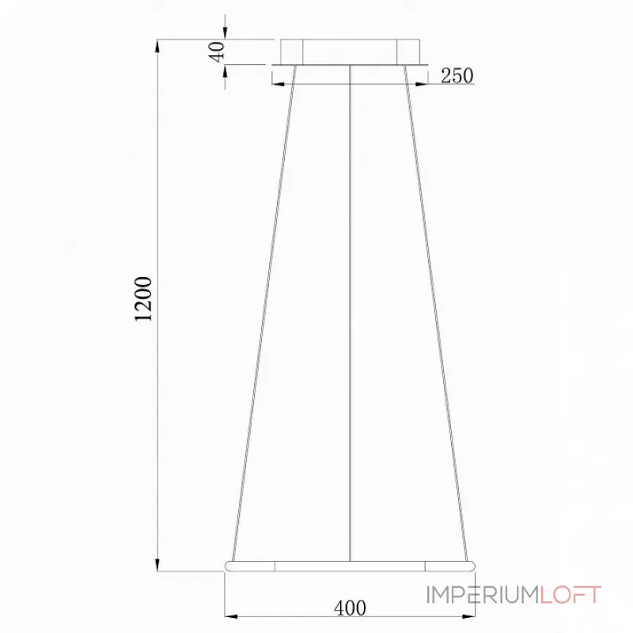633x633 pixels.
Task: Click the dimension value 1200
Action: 143,300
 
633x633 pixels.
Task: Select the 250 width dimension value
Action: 457,76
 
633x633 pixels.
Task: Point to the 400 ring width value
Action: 350,608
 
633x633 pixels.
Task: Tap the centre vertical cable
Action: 350,316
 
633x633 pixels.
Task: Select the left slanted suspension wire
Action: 263,316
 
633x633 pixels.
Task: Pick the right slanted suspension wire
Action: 436,316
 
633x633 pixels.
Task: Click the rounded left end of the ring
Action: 230,566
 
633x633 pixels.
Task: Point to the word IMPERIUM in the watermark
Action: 483,594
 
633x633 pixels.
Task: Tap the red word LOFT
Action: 570,594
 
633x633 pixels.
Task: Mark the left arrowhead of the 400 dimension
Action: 230,616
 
